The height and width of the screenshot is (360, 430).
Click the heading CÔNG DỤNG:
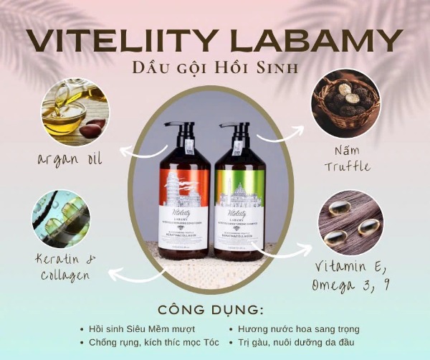coord(215,311)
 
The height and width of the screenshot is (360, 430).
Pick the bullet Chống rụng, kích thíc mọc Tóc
coord(151,342)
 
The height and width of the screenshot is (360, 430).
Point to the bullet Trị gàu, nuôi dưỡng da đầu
coord(297,342)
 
